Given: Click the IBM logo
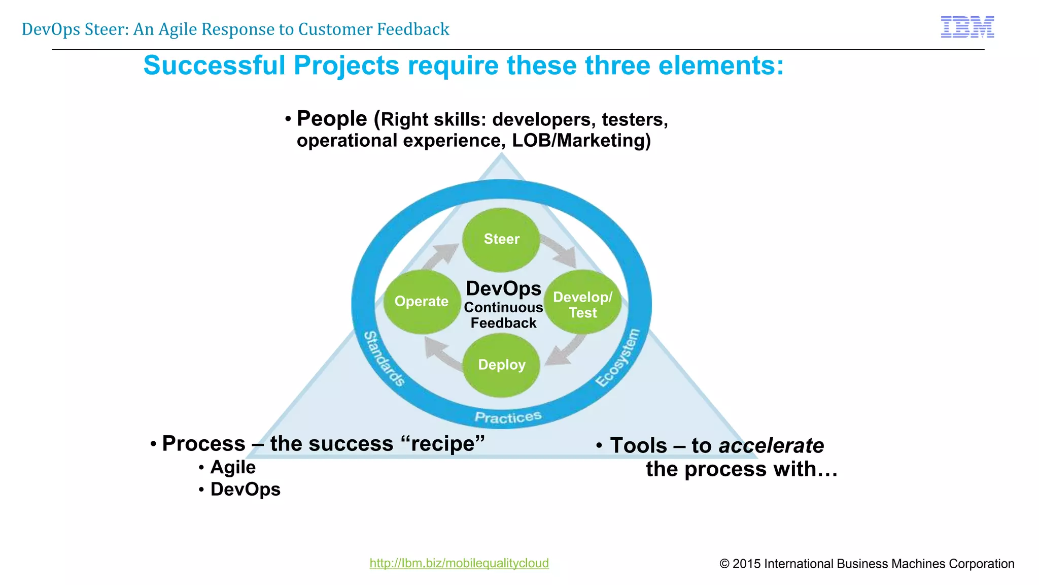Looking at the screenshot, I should click(x=967, y=27).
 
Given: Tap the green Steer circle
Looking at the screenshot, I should click(x=501, y=239).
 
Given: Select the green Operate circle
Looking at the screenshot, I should click(x=421, y=302).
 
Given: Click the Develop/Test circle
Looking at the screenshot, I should click(x=582, y=303).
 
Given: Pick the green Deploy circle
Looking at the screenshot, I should click(x=501, y=365).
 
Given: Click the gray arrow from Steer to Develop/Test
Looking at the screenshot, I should click(x=560, y=250).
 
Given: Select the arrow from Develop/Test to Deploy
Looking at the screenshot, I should click(x=567, y=350).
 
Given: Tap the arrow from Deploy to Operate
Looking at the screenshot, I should click(x=441, y=353).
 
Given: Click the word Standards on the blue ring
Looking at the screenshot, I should click(x=385, y=359).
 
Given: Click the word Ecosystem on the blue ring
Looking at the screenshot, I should click(x=618, y=357).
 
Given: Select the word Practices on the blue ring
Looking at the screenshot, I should click(x=508, y=417).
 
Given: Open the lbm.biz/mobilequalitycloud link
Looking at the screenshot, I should click(x=459, y=563).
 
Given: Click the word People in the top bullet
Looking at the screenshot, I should click(x=332, y=119).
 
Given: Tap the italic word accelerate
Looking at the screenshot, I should click(x=771, y=446).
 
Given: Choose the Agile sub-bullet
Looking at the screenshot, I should click(x=233, y=467).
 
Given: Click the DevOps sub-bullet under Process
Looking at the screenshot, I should click(x=245, y=490).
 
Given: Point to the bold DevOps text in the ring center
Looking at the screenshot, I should click(x=503, y=288).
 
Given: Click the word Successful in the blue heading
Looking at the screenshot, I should click(x=215, y=66).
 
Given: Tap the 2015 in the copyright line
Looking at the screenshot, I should click(x=747, y=564).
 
